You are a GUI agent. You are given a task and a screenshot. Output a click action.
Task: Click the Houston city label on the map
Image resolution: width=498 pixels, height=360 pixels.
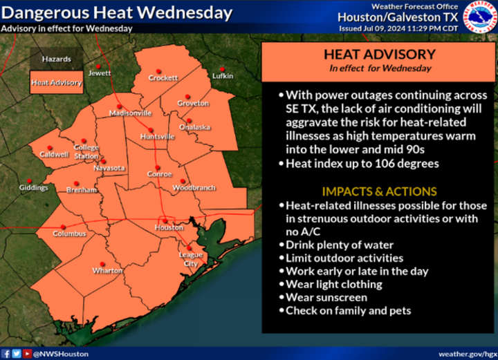169,227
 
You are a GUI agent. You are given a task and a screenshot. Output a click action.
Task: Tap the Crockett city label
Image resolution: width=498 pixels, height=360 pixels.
164,78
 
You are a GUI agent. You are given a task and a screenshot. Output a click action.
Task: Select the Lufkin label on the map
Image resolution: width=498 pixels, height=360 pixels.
223,76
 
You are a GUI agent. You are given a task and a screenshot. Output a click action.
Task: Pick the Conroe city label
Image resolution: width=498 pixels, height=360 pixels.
160,174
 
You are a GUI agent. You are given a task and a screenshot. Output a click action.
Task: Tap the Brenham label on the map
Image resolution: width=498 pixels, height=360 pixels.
82,189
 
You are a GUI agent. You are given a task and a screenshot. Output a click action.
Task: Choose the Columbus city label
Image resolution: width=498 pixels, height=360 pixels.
69,234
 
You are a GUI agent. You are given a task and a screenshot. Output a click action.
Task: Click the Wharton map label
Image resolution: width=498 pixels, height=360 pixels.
107,270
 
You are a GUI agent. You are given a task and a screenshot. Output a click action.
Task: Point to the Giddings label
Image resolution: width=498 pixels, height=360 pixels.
33,187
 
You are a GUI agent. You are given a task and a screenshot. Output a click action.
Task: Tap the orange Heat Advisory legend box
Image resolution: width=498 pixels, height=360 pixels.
57,83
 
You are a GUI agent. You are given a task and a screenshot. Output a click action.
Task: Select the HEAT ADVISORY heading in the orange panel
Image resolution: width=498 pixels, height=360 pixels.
380,54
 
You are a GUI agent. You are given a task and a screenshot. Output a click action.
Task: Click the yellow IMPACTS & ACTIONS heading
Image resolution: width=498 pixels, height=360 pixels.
379,191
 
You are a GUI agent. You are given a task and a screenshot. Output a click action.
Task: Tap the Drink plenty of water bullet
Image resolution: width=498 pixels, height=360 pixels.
340,245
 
